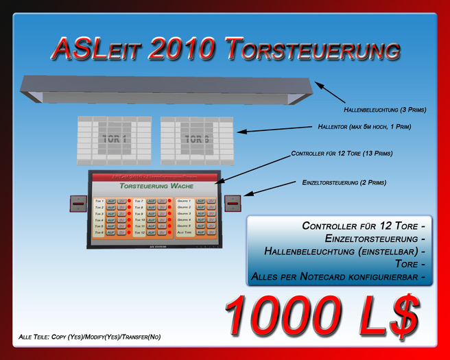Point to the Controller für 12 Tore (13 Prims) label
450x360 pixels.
coord(342,154)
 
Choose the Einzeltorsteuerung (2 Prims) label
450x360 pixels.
coord(344,182)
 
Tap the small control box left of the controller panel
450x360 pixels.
coord(79,204)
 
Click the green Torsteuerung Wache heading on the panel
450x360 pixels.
coord(156,186)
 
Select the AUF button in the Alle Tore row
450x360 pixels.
coord(200,233)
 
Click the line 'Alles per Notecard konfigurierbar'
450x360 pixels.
coord(335,276)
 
